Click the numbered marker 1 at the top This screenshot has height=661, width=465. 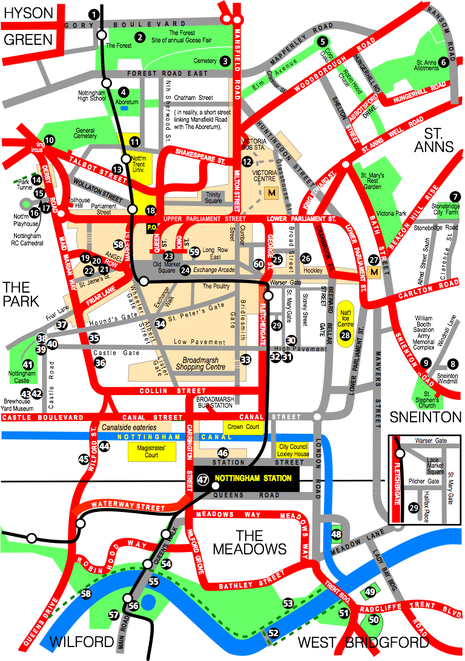pyautogui.click(x=93, y=13)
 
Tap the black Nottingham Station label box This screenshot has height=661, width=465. pyautogui.click(x=246, y=478)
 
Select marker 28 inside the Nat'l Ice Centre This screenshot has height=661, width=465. pyautogui.click(x=346, y=335)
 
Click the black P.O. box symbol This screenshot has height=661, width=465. pyautogui.click(x=154, y=228)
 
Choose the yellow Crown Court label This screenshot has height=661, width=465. pyautogui.click(x=243, y=427)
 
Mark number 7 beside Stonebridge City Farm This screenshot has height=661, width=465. pyautogui.click(x=454, y=196)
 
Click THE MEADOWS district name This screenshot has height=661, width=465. pyautogui.click(x=249, y=542)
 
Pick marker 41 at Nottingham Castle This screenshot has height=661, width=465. pyautogui.click(x=28, y=365)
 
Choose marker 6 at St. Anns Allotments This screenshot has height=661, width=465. pyautogui.click(x=444, y=61)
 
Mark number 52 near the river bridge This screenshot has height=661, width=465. pyautogui.click(x=274, y=633)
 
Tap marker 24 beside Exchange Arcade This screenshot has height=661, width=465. pyautogui.click(x=185, y=270)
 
